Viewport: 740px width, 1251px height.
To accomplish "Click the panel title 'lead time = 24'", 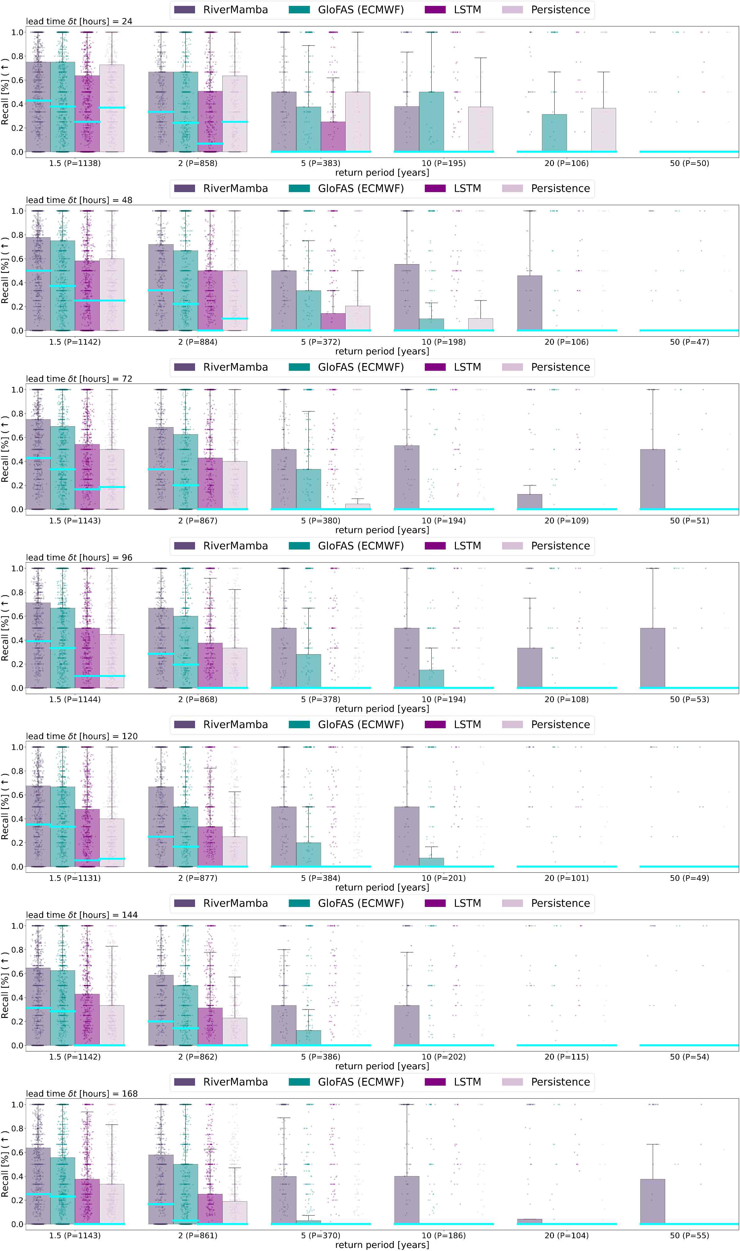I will (79, 21).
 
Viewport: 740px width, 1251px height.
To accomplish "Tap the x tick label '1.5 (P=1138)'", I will (75, 163).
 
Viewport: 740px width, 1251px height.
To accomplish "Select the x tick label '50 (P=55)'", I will (689, 1235).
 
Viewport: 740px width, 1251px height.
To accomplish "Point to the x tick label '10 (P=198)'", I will (443, 342).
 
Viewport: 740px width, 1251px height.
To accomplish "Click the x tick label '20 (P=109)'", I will (566, 521).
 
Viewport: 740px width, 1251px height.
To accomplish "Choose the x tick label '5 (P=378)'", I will (321, 699).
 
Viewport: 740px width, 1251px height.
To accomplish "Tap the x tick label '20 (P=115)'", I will (566, 1056).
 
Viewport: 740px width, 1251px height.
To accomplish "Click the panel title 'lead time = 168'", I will (82, 1093).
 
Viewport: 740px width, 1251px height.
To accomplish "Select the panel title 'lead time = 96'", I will (79, 557).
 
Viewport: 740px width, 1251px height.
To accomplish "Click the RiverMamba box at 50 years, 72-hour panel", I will (652, 479).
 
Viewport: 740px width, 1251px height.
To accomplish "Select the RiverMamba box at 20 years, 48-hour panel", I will (529, 303).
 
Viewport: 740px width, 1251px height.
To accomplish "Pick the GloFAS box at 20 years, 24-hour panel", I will (554, 133).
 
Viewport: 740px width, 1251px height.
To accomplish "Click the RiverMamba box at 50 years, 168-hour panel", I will (652, 1201).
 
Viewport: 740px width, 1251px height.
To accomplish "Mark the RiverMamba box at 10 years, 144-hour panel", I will (406, 1025).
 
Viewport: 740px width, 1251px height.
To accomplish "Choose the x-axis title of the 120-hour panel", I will (382, 887).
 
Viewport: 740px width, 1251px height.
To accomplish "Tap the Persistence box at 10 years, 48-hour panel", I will (480, 324).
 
